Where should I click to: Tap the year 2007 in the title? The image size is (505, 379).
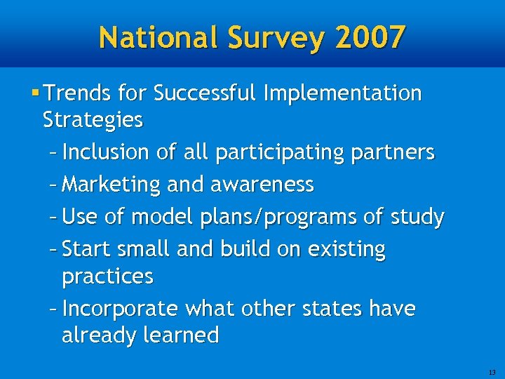coord(370,37)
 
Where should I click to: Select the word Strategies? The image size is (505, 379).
coord(93,120)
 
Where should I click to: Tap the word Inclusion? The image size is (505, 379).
coord(105,152)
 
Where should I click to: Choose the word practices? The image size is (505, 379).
coord(107,277)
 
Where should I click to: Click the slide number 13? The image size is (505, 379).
coord(492,371)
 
